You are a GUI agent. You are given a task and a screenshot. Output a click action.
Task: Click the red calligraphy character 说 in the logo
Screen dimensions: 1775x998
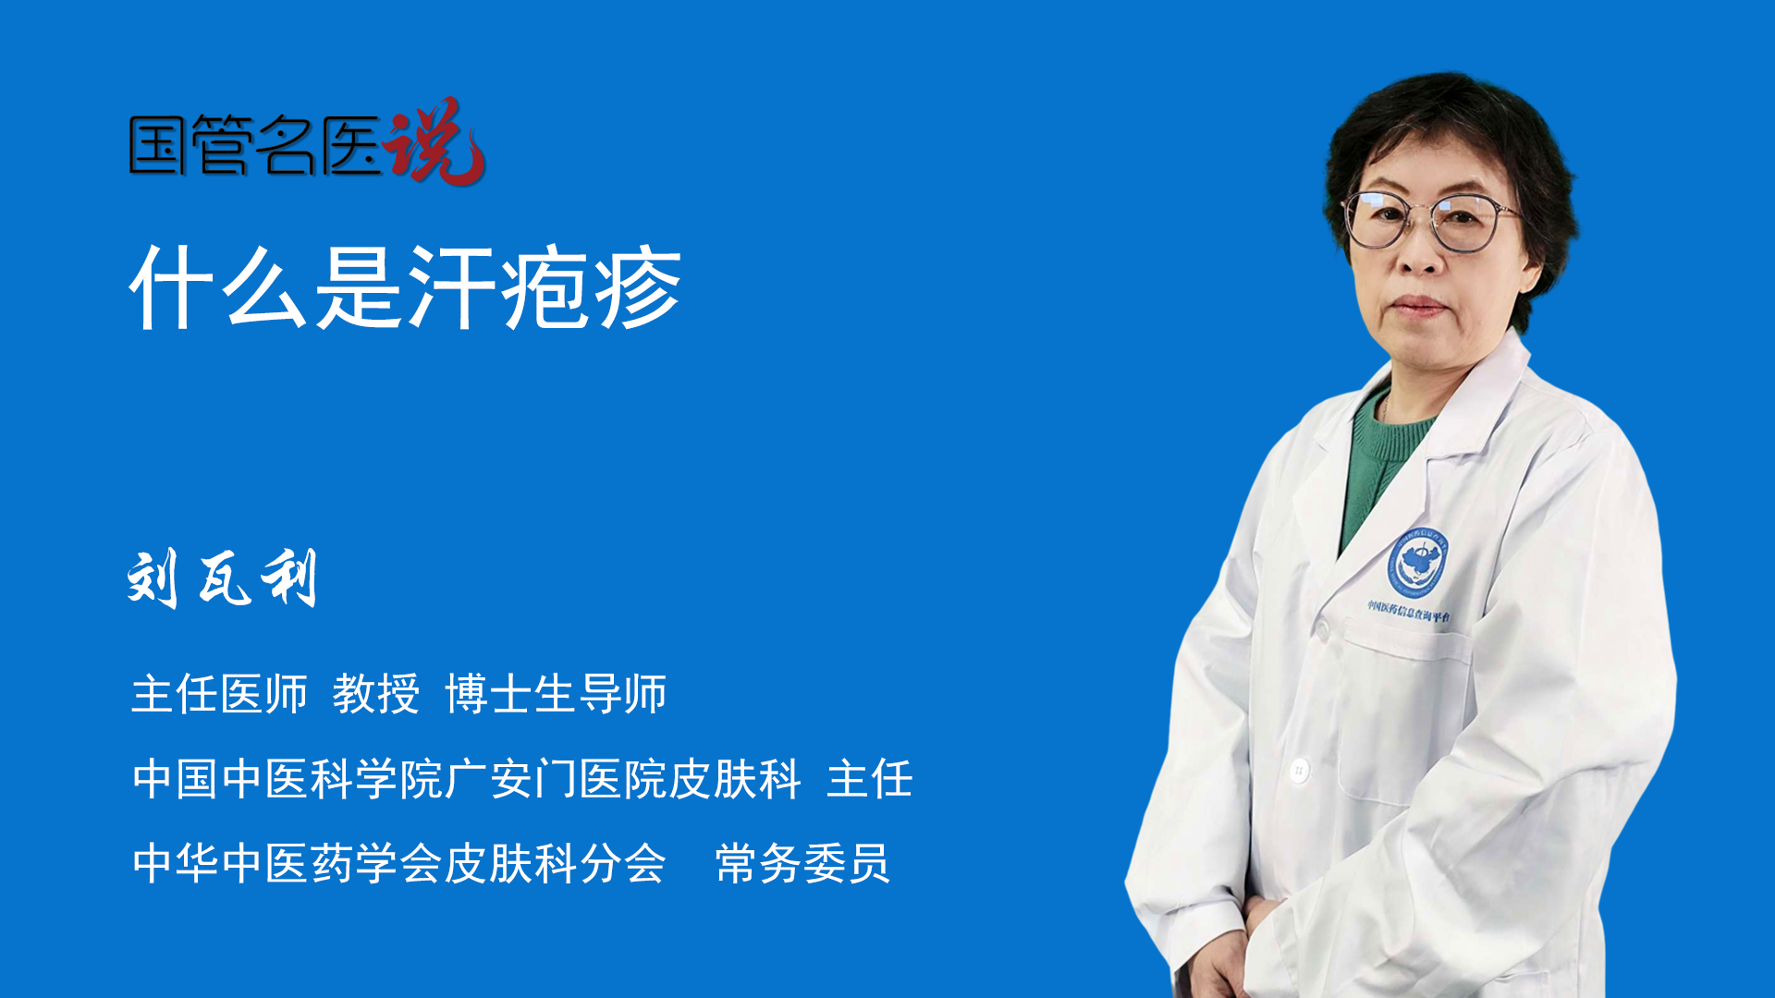pyautogui.click(x=435, y=141)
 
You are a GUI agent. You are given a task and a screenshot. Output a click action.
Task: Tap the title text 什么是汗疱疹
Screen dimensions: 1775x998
pyautogui.click(x=406, y=287)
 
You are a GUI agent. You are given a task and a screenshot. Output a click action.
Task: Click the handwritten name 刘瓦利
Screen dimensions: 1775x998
pyautogui.click(x=223, y=578)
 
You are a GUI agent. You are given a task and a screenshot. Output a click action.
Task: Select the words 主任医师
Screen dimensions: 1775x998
pyautogui.click(x=219, y=693)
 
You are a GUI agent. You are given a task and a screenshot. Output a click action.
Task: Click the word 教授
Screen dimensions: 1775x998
pyautogui.click(x=376, y=693)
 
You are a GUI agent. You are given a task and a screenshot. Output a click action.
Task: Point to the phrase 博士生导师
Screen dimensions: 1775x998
pyautogui.click(x=556, y=693)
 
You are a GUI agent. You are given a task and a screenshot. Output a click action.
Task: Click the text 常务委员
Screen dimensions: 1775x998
pyautogui.click(x=802, y=863)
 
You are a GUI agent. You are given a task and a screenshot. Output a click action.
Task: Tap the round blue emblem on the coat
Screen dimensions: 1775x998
pyautogui.click(x=1416, y=562)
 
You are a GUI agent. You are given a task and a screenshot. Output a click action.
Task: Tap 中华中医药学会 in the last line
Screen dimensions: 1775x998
pyautogui.click(x=288, y=863)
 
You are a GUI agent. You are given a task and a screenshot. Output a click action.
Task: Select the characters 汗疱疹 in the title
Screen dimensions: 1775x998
pyautogui.click(x=545, y=287)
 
